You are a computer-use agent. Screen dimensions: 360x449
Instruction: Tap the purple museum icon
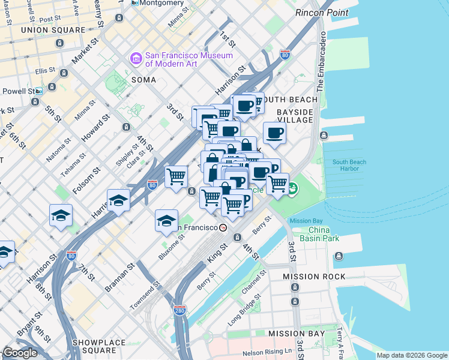coord(136,59)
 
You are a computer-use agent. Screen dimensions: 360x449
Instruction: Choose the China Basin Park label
coord(324,234)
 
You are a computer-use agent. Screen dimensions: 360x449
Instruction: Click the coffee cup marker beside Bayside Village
coord(274,134)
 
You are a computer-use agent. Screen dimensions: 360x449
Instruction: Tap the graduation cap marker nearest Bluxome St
coord(166,221)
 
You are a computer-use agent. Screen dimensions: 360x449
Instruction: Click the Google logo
coord(20,353)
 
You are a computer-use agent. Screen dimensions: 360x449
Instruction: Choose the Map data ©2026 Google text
coord(412,355)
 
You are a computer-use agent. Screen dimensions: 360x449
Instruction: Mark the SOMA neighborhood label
coord(143,80)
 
